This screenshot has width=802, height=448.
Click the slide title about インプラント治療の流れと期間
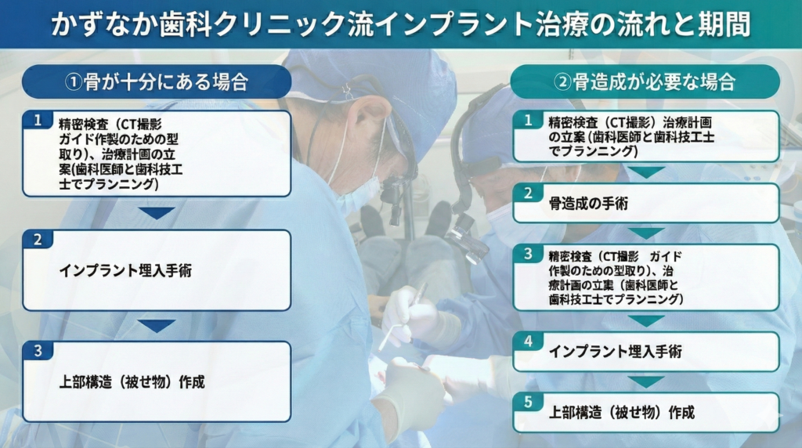pyautogui.click(x=400, y=24)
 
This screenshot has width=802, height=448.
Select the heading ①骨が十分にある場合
pyautogui.click(x=156, y=81)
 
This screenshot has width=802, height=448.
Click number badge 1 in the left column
pyautogui.click(x=36, y=120)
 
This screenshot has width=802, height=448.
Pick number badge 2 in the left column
pyautogui.click(x=36, y=240)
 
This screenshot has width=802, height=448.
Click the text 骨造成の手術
pyautogui.click(x=587, y=204)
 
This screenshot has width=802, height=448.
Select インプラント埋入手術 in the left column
pyautogui.click(x=125, y=271)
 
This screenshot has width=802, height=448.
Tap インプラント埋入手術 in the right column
pyautogui.click(x=615, y=352)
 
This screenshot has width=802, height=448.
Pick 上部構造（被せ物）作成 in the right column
pyautogui.click(x=621, y=413)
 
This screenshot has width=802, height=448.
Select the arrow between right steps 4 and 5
pyautogui.click(x=646, y=381)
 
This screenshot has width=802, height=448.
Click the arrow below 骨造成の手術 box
pyautogui.click(x=646, y=233)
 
